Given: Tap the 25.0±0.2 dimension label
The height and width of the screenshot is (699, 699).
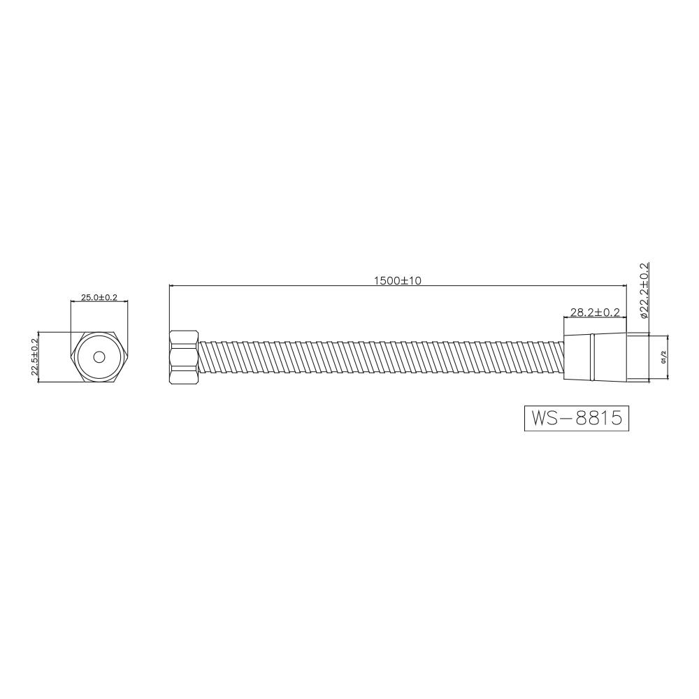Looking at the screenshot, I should [99, 297].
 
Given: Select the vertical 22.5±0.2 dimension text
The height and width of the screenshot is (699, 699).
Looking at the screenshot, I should [34, 356].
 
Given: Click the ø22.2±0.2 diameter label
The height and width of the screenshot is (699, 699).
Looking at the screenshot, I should [644, 290].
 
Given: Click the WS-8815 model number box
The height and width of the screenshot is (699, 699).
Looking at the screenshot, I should [577, 418].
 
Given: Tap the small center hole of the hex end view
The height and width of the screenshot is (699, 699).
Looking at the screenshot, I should [99, 357].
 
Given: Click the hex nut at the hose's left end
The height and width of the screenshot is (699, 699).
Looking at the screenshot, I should [184, 357].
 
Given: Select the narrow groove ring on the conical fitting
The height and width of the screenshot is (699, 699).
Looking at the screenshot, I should [592, 357].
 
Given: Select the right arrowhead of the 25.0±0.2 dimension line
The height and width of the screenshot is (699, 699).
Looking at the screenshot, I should [125, 302].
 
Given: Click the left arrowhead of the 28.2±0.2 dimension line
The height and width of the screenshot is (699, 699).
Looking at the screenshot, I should [566, 317].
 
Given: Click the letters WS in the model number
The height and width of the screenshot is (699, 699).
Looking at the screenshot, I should [544, 418].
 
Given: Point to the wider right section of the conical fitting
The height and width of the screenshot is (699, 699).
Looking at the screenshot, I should [609, 357].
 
